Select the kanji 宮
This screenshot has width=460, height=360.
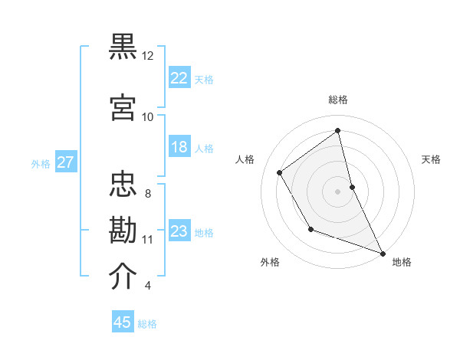point(123,107)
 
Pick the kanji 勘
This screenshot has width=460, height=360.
point(123,231)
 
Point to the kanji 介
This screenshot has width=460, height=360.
point(123,277)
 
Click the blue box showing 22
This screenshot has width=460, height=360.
point(179,78)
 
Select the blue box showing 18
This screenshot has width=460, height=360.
point(179,147)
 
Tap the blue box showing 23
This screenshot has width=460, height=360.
point(179,231)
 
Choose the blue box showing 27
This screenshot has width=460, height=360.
point(65,162)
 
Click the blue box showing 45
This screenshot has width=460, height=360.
point(123,322)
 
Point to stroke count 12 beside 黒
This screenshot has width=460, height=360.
point(148,56)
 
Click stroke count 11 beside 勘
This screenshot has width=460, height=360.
point(148,240)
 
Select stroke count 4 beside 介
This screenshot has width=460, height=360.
point(148,286)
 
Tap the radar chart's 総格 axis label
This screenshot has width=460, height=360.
point(338,100)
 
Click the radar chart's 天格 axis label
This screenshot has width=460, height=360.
point(431,159)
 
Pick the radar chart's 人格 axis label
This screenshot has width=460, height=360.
point(245,159)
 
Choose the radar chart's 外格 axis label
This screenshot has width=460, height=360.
point(270,262)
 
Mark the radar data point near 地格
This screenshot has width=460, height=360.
point(383,253)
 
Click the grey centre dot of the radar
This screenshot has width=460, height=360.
point(338,191)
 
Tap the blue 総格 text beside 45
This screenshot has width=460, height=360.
point(147,324)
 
